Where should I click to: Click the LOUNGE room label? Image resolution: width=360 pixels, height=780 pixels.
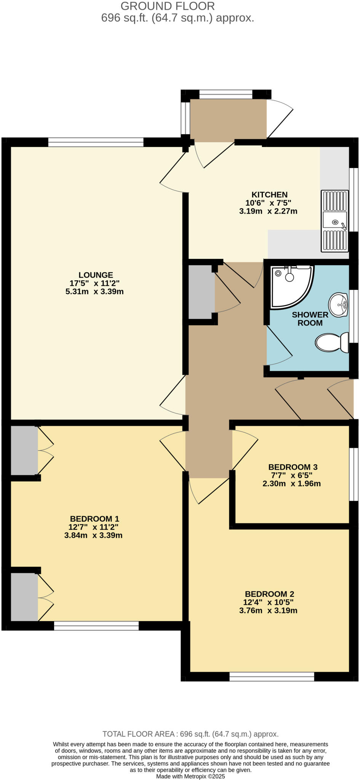pos(96,275)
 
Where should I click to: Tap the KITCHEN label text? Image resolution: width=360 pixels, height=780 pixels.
pos(269,195)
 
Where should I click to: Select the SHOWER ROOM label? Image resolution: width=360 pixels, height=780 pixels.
pos(310,319)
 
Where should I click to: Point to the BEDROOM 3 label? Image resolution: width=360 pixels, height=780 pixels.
pos(293,467)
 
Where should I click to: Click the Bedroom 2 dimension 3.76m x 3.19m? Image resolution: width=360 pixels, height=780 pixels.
pos(268,611)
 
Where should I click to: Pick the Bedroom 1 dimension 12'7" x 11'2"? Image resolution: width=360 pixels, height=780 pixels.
pos(93,527)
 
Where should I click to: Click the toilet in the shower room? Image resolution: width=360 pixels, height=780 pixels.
pos(331,342)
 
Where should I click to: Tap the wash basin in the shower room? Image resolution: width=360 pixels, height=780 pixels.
pos(338,305)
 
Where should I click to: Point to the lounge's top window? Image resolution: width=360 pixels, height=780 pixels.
pos(96,142)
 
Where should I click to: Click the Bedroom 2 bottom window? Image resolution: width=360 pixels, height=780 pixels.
pos(272,676)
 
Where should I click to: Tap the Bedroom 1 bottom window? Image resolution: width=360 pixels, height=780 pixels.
pos(96,626)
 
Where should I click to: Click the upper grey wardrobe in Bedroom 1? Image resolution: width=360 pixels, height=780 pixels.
pos(24,451)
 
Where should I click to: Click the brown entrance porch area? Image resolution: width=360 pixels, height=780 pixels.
pos(228,119)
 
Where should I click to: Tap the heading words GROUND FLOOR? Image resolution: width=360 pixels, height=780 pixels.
pos(168,6)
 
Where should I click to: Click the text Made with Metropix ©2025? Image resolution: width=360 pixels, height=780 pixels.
pos(190,776)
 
